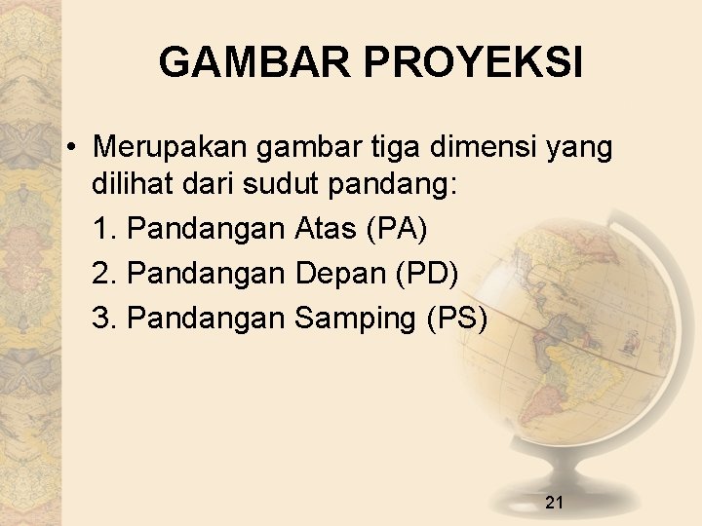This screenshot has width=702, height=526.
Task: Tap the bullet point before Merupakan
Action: (73, 148)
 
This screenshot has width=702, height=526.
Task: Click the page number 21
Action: (555, 503)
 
